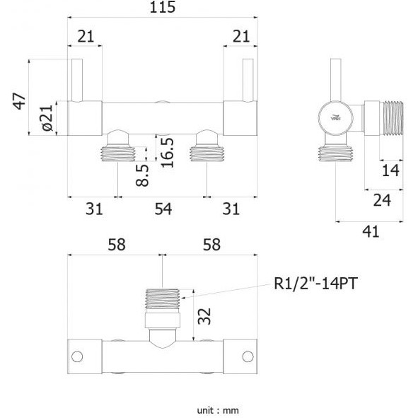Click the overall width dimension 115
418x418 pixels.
[x=163, y=7]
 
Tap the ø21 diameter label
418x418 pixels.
[x=47, y=117]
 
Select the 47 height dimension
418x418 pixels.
[x=20, y=101]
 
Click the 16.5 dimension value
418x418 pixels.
[x=168, y=153]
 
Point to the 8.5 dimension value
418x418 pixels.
[x=142, y=175]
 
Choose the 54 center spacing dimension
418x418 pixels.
[x=163, y=209]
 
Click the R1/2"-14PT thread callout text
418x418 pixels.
[x=315, y=284]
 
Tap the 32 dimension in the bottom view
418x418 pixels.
[x=204, y=316]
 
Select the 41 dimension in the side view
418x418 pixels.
[x=371, y=232]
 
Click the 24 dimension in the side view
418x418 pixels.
[x=382, y=200]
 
